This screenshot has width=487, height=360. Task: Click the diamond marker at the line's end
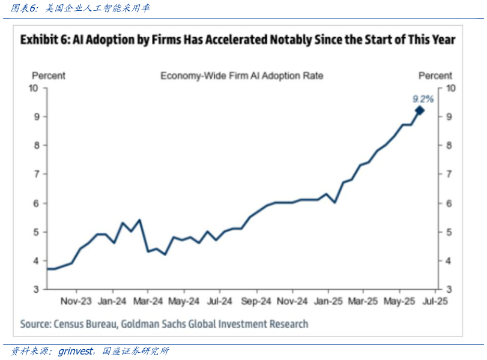click(419, 110)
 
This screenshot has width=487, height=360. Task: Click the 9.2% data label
click(423, 98)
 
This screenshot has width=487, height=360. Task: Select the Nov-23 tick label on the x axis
click(76, 301)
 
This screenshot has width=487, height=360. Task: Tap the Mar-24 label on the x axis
click(148, 301)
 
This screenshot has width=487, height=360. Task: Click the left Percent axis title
click(49, 76)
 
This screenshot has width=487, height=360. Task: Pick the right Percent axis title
click(435, 76)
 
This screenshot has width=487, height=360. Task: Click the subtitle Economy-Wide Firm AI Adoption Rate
click(241, 76)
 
